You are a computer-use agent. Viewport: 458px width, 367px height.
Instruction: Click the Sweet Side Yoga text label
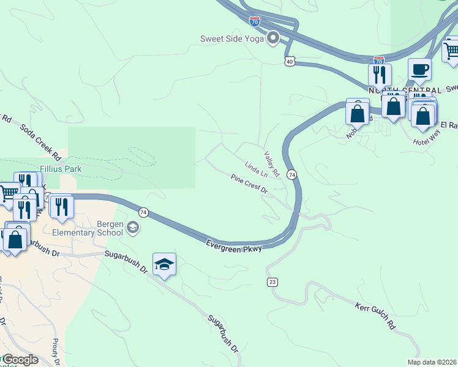point(232,39)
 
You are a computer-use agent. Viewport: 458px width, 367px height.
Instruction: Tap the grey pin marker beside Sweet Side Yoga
point(273,39)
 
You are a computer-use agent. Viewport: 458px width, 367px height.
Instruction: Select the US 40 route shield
point(290,61)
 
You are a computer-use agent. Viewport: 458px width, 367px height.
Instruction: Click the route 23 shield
point(272,281)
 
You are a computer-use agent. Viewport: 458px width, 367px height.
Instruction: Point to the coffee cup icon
point(419,70)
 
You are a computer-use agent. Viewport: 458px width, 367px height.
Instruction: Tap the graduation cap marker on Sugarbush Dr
point(164,264)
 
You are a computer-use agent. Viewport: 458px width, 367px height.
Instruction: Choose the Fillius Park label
point(61,168)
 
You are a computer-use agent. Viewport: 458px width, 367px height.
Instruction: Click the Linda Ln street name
point(256,169)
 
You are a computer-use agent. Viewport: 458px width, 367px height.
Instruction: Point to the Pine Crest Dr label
point(249,184)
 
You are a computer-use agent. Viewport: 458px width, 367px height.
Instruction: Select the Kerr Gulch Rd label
point(374,314)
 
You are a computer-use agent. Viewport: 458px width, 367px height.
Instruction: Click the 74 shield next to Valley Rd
point(293,175)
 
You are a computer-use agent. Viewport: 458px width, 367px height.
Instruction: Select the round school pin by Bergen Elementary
point(132,229)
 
